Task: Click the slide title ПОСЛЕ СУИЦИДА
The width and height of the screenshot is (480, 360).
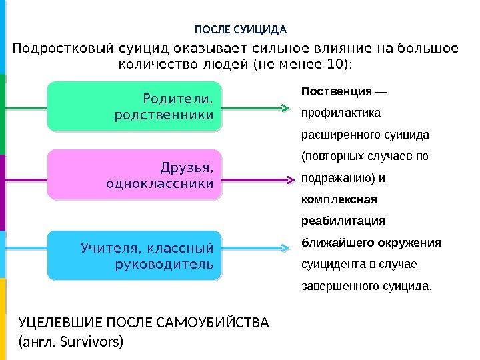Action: (x=240, y=30)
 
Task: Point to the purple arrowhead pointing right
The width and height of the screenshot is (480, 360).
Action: (x=290, y=179)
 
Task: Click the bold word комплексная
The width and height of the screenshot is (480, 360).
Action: (x=339, y=199)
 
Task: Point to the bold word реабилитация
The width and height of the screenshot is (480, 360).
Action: (x=343, y=221)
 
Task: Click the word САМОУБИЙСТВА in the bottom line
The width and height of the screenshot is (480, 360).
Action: (x=214, y=323)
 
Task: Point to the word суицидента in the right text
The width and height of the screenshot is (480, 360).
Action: (x=329, y=265)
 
